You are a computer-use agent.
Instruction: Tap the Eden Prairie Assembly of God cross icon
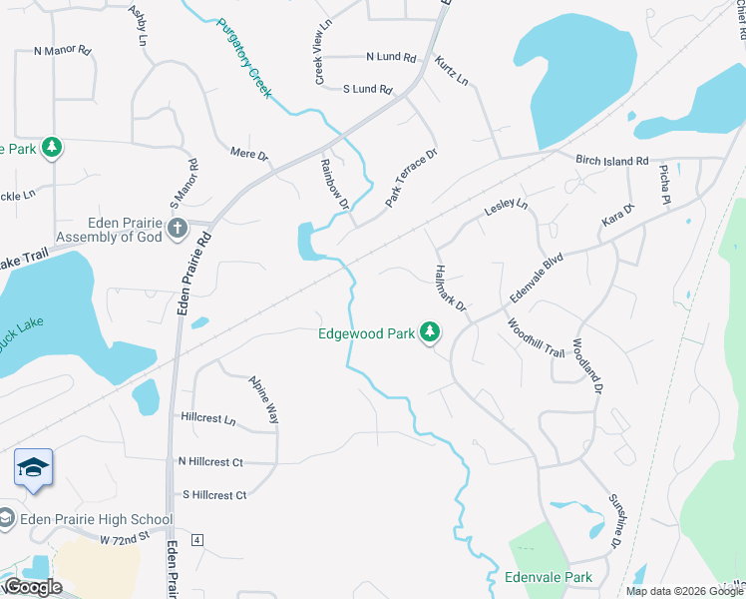click(x=178, y=229)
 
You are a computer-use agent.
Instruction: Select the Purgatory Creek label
click(x=243, y=57)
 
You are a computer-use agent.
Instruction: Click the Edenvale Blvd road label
click(x=537, y=278)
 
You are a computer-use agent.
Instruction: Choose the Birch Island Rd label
click(x=611, y=160)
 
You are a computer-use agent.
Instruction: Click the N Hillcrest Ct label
click(x=210, y=462)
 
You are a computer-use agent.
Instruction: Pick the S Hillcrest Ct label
click(x=213, y=495)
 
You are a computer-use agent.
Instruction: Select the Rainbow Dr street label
click(x=334, y=184)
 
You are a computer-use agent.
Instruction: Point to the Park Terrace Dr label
click(x=412, y=178)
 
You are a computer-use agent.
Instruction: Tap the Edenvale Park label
click(x=549, y=577)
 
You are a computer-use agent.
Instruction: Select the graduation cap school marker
click(x=33, y=468)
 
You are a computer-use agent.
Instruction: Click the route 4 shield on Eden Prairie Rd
click(x=197, y=540)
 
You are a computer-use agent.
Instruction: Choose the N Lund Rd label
click(x=390, y=57)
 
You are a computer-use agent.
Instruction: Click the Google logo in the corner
click(x=32, y=587)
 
